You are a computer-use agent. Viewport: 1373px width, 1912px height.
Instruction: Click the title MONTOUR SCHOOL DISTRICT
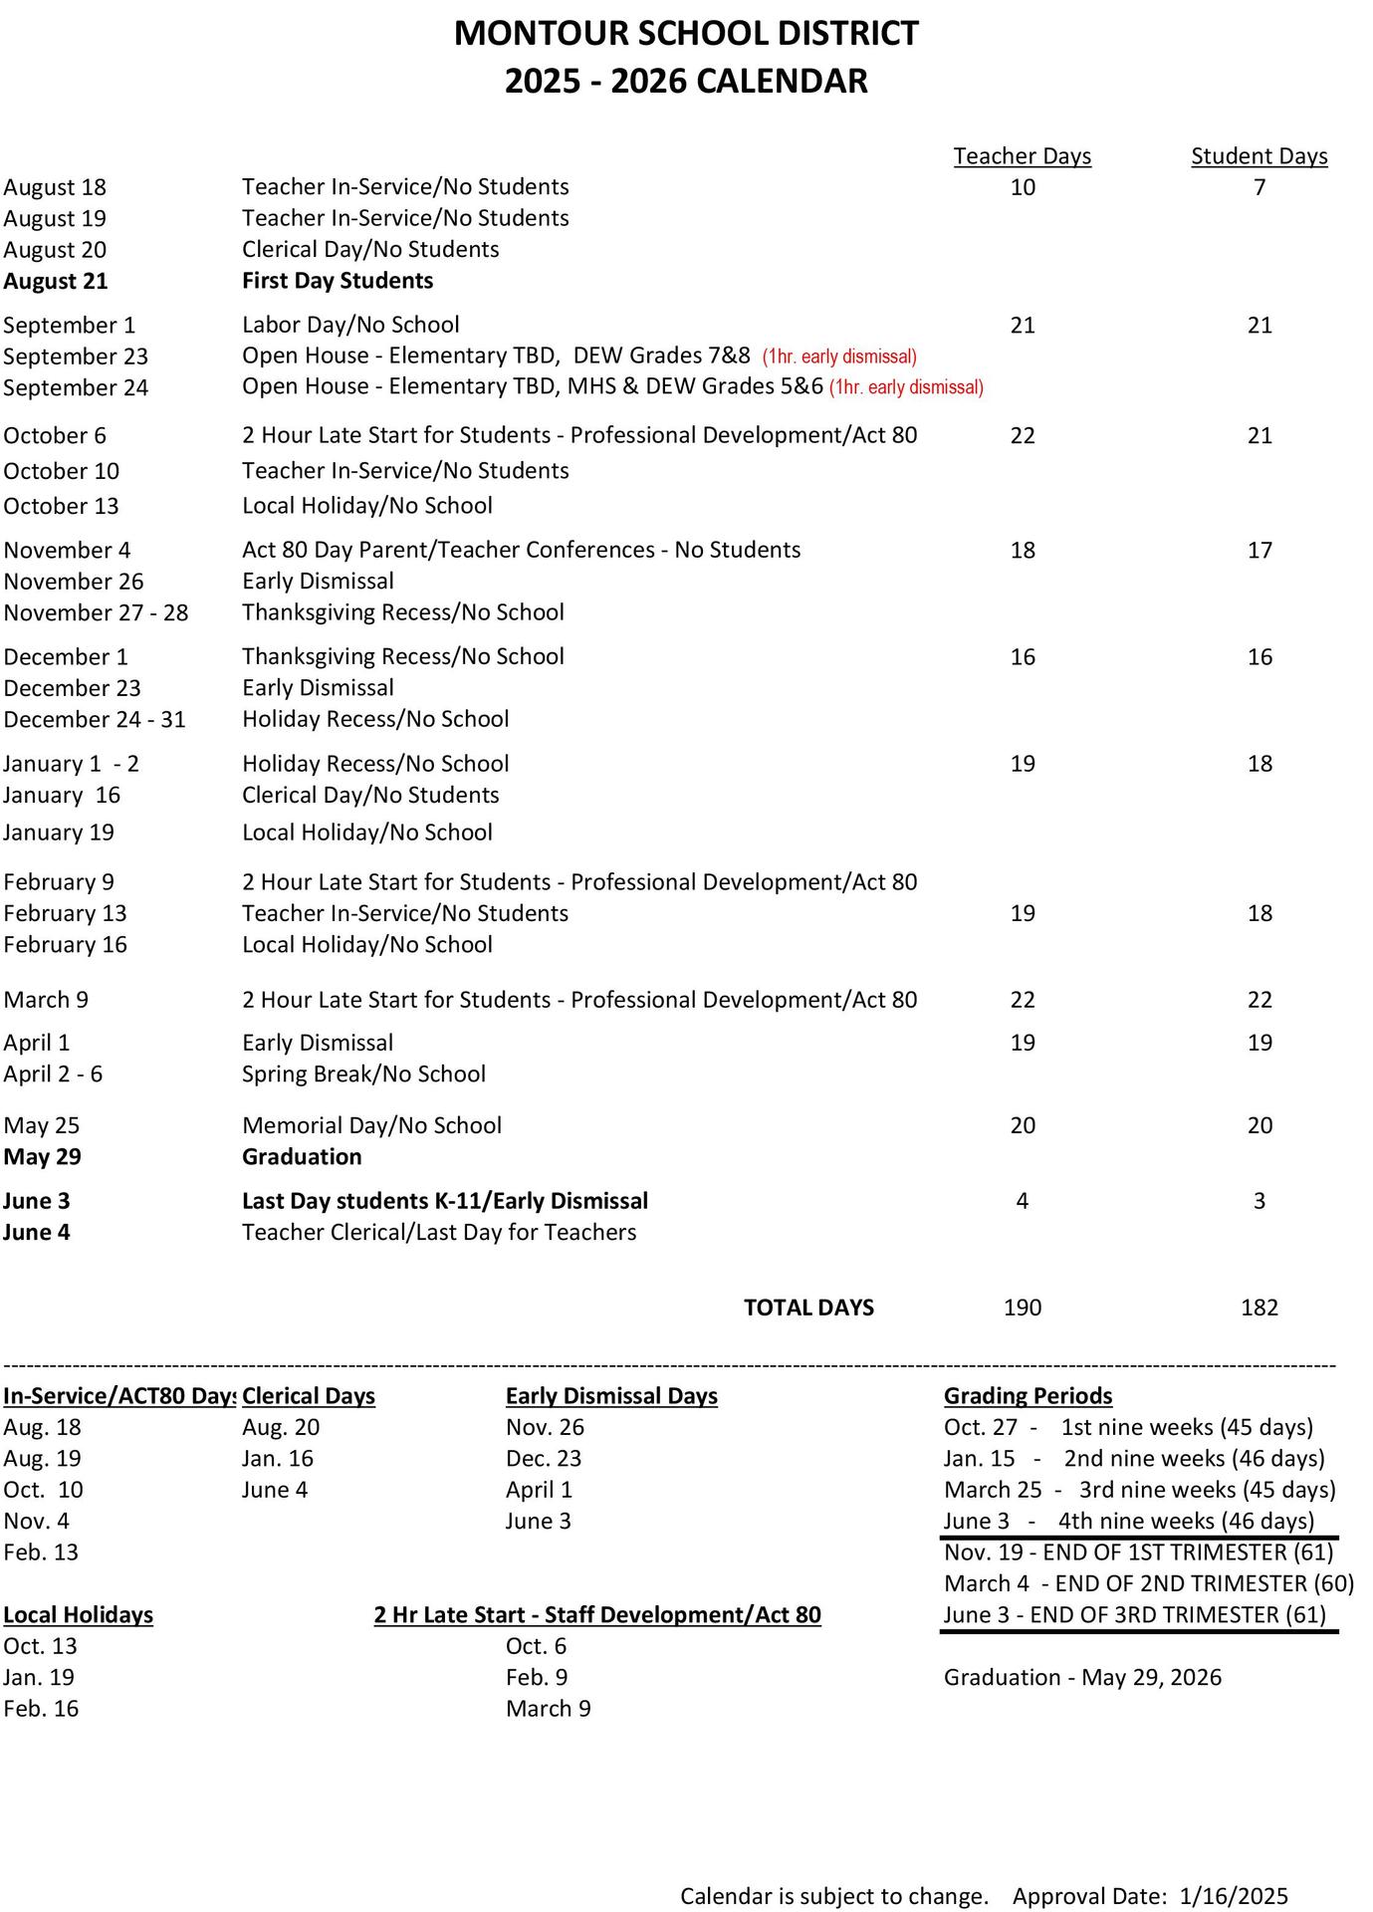coord(686,34)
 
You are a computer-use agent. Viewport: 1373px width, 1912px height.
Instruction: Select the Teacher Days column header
coord(1022,156)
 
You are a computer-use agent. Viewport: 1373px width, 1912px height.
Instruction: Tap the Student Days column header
coord(1259,156)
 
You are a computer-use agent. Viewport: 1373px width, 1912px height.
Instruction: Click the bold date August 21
coord(56,281)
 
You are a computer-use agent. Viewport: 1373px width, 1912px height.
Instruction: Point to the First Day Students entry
coord(338,281)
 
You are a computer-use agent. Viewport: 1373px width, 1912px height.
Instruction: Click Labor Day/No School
coord(350,325)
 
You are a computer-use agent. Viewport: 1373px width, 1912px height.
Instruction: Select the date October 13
coord(61,506)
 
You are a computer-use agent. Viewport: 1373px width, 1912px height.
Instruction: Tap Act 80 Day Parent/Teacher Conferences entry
coord(521,550)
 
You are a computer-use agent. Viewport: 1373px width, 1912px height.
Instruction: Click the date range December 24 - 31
coord(95,719)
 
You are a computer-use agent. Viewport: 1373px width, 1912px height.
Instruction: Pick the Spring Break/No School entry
coord(363,1074)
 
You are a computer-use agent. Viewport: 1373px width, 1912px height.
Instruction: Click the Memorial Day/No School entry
coord(371,1125)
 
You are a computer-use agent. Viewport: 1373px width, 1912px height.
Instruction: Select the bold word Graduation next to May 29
coord(302,1156)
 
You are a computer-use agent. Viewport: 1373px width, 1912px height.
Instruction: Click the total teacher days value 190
coord(1022,1308)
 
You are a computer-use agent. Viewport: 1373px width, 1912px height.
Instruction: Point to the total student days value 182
coord(1259,1308)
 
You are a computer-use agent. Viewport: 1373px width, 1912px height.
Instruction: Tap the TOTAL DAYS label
coord(808,1308)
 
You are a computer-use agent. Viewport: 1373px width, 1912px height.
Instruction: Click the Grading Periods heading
coord(1028,1396)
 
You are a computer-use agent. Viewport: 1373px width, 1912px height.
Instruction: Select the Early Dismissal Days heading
coord(611,1396)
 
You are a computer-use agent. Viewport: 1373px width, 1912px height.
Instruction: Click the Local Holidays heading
coord(79,1614)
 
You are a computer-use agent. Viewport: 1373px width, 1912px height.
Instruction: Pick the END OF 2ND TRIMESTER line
coord(1148,1583)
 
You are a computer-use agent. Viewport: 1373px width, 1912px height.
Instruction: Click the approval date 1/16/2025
coord(1234,1896)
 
